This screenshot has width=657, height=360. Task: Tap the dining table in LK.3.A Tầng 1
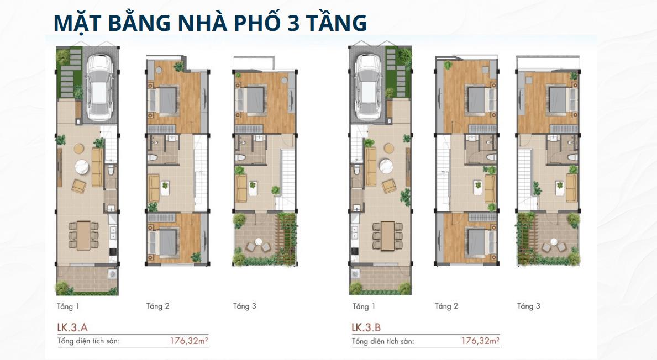pos(84,236)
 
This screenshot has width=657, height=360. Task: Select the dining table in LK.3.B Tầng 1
pos(387,236)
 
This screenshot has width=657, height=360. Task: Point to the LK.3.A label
pos(72,327)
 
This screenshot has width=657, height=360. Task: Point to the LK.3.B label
pos(366,327)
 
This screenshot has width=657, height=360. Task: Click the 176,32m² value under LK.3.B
pos(480,341)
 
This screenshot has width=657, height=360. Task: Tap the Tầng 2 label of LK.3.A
pos(157,306)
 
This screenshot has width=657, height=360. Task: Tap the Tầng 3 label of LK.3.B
pos(528,306)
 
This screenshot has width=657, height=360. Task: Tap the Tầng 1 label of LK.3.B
pos(364,306)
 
